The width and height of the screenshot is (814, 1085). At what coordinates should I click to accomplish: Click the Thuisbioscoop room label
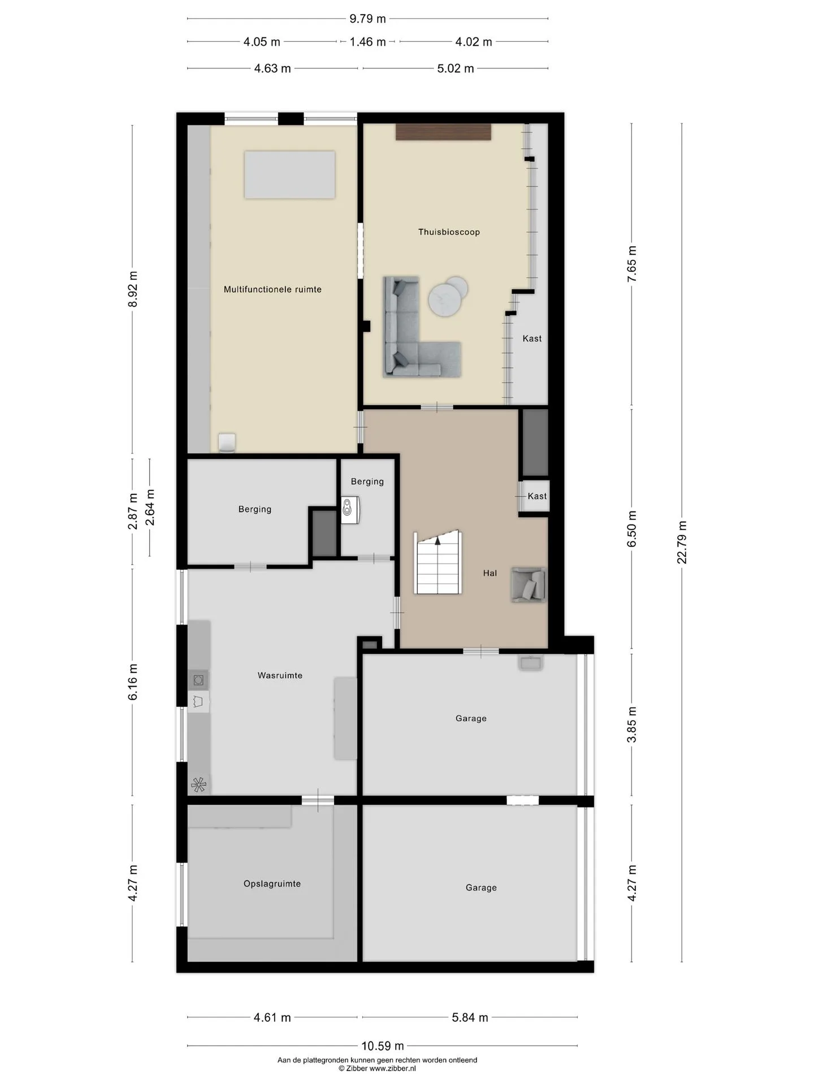(x=449, y=232)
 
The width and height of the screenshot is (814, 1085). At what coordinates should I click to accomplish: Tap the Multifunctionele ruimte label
(x=272, y=289)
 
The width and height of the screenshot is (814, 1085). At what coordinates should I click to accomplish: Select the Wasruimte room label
(x=280, y=675)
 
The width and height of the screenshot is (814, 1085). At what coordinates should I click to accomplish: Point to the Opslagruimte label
(x=272, y=884)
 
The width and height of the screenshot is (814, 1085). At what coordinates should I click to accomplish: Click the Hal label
(x=490, y=573)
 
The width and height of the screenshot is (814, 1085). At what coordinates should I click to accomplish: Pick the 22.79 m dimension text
(x=682, y=542)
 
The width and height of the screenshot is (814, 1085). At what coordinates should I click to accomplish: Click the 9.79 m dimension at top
(x=367, y=19)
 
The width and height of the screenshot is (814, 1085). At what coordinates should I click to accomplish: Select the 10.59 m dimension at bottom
(x=383, y=1046)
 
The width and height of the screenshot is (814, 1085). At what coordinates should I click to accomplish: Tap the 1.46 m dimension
(x=367, y=42)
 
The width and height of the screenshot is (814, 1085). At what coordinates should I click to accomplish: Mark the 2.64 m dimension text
(x=150, y=507)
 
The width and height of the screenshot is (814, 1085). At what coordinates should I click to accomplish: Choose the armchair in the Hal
(x=529, y=584)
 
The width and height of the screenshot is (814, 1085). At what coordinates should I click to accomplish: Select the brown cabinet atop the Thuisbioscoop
(x=443, y=132)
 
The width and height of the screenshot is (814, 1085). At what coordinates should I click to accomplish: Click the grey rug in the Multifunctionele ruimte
(x=289, y=175)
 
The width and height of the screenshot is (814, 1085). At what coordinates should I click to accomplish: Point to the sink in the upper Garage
(x=531, y=662)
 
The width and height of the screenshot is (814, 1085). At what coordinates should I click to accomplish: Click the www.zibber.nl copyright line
(x=377, y=1069)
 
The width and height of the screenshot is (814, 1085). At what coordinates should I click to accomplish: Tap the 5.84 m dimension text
(x=470, y=1018)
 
